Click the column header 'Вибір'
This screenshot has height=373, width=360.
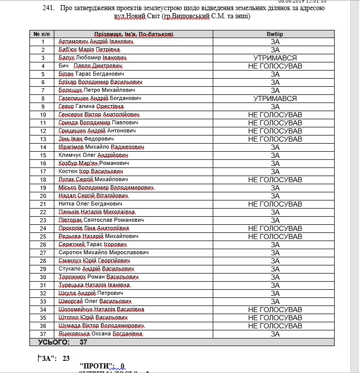click(275, 33)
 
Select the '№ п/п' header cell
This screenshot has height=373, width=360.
click(43, 33)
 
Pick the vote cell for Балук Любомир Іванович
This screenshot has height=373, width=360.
click(275, 58)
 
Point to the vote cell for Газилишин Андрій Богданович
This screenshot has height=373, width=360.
click(275, 98)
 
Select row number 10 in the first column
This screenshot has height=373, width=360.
click(43, 115)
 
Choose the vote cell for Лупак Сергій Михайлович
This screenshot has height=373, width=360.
click(275, 180)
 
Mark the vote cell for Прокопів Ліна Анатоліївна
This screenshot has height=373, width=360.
click(275, 228)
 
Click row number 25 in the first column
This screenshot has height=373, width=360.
click(43, 236)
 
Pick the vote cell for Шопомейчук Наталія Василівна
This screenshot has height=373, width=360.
click(275, 309)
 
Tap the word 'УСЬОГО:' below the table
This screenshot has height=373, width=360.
click(53, 342)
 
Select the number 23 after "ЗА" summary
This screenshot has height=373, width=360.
click(66, 358)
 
